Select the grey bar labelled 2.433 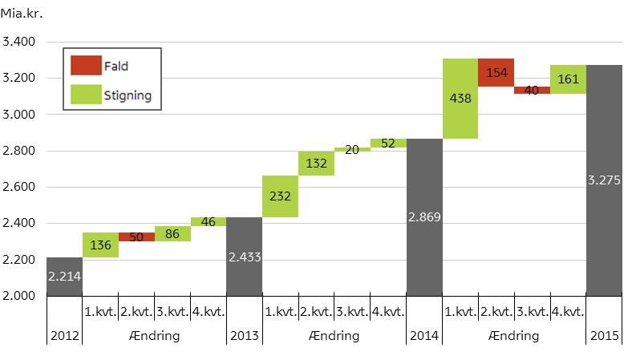click(x=244, y=257)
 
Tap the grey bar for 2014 click(x=424, y=217)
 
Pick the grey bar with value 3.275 click(x=604, y=180)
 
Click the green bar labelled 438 click(x=460, y=99)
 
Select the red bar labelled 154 click(x=496, y=72)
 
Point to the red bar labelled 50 click(x=136, y=237)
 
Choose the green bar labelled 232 click(x=280, y=196)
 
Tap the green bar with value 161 click(x=568, y=79)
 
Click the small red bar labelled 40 click(x=532, y=91)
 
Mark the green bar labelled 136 click(x=100, y=245)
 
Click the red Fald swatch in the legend click(x=86, y=66)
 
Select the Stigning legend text click(x=128, y=96)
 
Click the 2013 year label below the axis click(x=244, y=335)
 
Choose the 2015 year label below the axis click(x=604, y=335)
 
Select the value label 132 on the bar click(x=316, y=164)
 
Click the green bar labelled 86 click(x=172, y=234)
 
